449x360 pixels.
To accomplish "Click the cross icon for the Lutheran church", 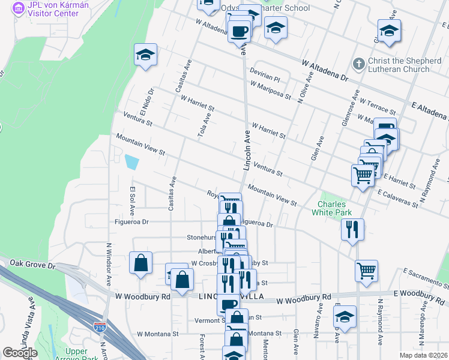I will point(358,63).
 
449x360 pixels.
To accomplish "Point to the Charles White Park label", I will point(333,207).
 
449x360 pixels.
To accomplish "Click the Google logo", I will point(20,353).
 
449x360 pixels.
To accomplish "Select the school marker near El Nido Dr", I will point(145,55).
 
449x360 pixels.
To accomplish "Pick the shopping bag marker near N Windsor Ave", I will point(140,263).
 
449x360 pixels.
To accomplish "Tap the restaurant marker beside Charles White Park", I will point(352,229).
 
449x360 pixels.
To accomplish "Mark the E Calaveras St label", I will point(398,199).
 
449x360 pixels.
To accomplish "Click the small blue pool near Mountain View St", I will point(131,161).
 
